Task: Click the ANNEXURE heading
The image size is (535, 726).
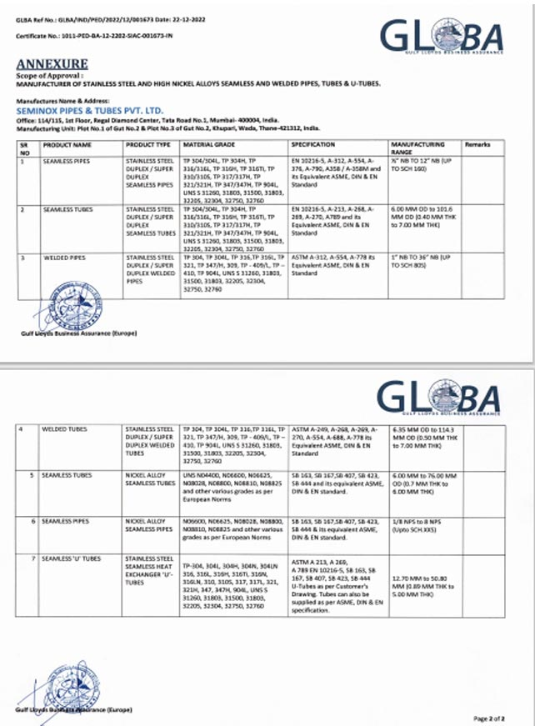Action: pos(51,63)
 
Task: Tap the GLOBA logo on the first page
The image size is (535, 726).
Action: pos(442,37)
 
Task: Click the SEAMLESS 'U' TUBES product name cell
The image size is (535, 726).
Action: pos(70,558)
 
